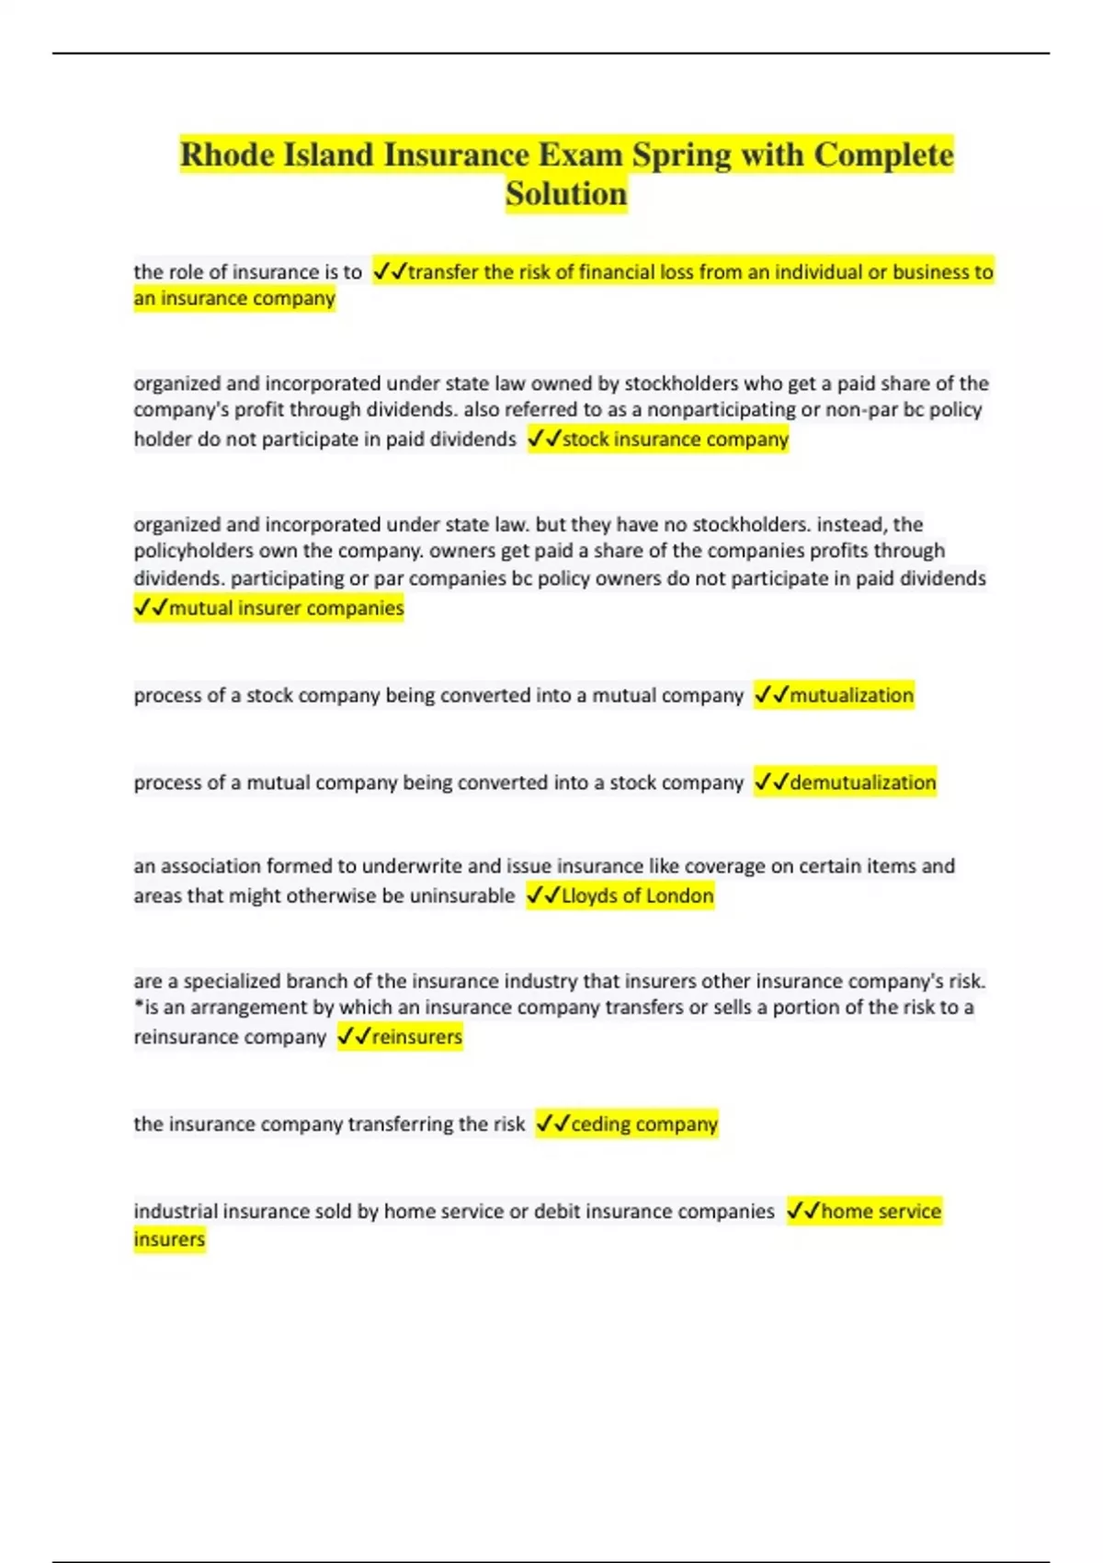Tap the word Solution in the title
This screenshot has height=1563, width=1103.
566,194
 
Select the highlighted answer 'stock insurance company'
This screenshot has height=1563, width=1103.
675,439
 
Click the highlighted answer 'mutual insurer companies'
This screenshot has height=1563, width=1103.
286,608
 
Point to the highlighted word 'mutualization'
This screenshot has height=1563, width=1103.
851,695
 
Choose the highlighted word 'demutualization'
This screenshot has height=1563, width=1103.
862,782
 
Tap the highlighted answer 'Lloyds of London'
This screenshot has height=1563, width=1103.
637,896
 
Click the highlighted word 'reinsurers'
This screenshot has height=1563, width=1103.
416,1037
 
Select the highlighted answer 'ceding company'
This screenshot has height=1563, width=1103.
643,1124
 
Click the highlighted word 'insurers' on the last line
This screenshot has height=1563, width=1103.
169,1239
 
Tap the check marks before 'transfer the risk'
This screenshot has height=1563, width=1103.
390,271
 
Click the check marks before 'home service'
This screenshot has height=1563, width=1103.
802,1211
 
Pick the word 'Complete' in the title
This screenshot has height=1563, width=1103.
883,154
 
